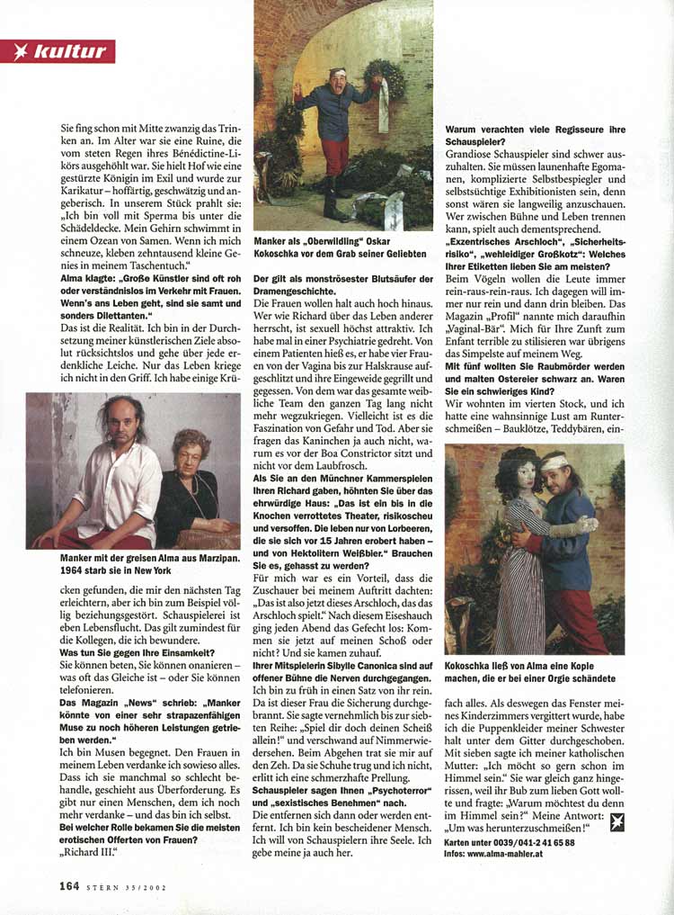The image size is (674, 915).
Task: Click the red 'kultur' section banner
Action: pos(58,51)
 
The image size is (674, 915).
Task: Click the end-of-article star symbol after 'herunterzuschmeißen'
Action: pos(616,821)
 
